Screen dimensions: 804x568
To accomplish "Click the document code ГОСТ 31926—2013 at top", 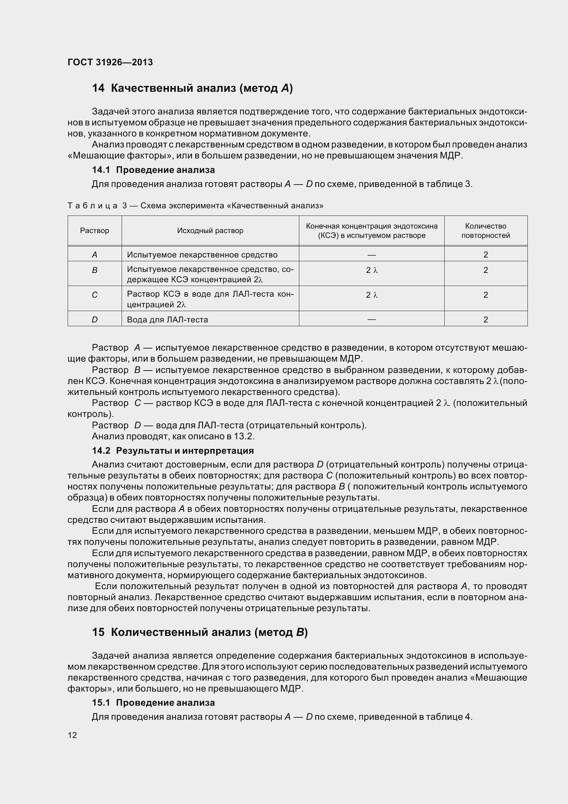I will coord(110,62).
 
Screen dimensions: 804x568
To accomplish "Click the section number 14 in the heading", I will coord(98,88).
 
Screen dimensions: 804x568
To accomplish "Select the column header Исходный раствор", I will coord(210,230).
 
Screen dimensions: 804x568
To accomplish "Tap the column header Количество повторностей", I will coord(486,231).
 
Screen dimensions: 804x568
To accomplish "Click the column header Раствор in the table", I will coord(94,230).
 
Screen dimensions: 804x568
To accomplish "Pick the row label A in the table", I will coord(94,255).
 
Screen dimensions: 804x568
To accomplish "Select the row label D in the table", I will coord(94,319).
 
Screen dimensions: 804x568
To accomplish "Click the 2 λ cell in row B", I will coord(372,270).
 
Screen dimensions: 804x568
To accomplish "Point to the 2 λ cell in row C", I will coord(372,295).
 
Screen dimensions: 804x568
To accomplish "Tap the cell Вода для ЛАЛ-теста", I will coord(167,319).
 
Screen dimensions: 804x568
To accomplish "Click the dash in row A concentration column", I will coord(372,255).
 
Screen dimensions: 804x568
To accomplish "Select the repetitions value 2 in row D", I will coord(486,319).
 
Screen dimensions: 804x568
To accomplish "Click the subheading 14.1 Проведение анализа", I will coord(153,170).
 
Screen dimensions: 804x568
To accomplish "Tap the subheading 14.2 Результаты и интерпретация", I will coord(172,450).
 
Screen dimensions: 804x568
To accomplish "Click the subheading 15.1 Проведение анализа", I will coord(153,703).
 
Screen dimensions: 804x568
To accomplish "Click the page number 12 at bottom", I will coord(72,735).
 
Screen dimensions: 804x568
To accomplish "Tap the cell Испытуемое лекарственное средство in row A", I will coord(202,255).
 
